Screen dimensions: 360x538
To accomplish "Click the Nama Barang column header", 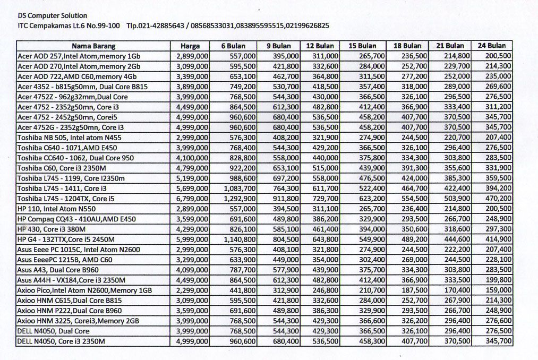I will (x=93, y=46).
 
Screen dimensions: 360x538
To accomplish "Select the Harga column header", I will (x=190, y=46).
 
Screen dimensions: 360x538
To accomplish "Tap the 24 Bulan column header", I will (x=492, y=46).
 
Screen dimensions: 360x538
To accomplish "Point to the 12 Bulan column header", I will (x=320, y=46).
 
